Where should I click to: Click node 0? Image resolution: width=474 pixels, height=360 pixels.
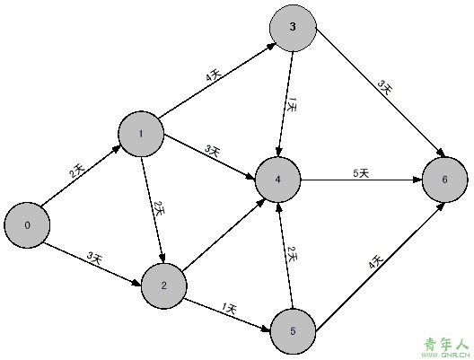pos(27,225)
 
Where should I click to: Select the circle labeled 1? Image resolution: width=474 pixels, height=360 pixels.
pos(141,134)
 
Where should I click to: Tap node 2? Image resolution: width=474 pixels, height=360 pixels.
pos(164,285)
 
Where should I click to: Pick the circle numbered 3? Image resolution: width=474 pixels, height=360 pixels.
pos(293,28)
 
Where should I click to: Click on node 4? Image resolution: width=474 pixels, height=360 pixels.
pos(278,180)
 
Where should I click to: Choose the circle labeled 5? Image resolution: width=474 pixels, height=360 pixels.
pos(293,331)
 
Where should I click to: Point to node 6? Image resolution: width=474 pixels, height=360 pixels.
pos(444,180)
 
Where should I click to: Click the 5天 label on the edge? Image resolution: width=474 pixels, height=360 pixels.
pos(361,173)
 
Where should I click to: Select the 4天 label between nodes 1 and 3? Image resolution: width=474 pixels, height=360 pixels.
pos(214,75)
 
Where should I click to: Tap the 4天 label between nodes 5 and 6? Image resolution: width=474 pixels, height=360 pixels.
pos(376,262)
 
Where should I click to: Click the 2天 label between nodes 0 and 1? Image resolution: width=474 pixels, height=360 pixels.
pos(77,171)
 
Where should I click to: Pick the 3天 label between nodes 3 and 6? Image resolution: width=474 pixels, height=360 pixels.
pos(385,87)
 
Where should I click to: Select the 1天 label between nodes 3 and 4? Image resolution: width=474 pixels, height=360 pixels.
pos(292,105)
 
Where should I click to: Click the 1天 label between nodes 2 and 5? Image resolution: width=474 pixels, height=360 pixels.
pos(229,308)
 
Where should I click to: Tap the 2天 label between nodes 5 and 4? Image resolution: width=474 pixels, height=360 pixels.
pos(293,254)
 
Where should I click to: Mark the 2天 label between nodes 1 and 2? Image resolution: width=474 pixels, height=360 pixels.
pos(159,208)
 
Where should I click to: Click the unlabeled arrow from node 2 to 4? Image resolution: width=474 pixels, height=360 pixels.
pos(224,236)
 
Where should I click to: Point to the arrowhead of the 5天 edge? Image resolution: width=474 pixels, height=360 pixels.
pos(417,180)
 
